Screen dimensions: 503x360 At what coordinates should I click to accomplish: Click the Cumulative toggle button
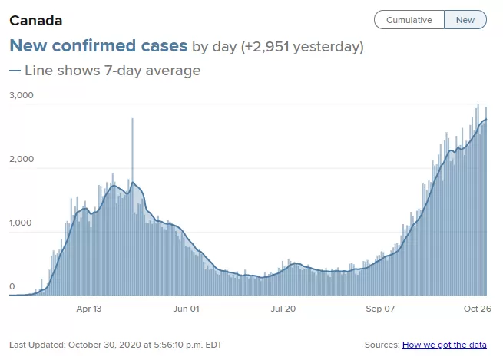point(409,20)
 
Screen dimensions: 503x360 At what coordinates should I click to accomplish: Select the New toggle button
point(465,20)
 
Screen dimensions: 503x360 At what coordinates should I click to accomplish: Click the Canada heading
point(36,21)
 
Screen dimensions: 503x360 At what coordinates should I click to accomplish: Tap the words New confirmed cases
point(98,45)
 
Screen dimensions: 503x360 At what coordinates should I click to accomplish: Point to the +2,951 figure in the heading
point(265,47)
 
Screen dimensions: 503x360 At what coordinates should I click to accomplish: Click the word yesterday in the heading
point(326,47)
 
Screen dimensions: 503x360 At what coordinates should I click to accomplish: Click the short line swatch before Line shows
point(15,71)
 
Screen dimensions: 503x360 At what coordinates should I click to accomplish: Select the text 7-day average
point(152,71)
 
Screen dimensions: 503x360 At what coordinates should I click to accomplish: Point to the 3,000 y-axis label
point(22,95)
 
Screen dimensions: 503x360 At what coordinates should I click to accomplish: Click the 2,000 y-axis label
point(22,159)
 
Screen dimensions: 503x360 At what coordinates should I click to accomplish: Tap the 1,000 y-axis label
point(21,223)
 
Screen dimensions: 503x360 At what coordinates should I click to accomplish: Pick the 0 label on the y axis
point(12,286)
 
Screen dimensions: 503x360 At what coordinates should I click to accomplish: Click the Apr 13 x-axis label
point(89,309)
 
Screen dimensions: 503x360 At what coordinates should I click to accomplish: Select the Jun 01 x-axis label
point(187,309)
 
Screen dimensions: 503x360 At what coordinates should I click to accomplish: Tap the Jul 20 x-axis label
point(283,309)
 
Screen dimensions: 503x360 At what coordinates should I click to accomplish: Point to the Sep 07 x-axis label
point(380,309)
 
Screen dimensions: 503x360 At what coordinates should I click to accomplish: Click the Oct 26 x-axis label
point(478,309)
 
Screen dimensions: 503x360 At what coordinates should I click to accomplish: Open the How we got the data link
point(445,345)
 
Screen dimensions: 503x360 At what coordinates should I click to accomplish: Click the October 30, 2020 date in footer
point(104,345)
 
